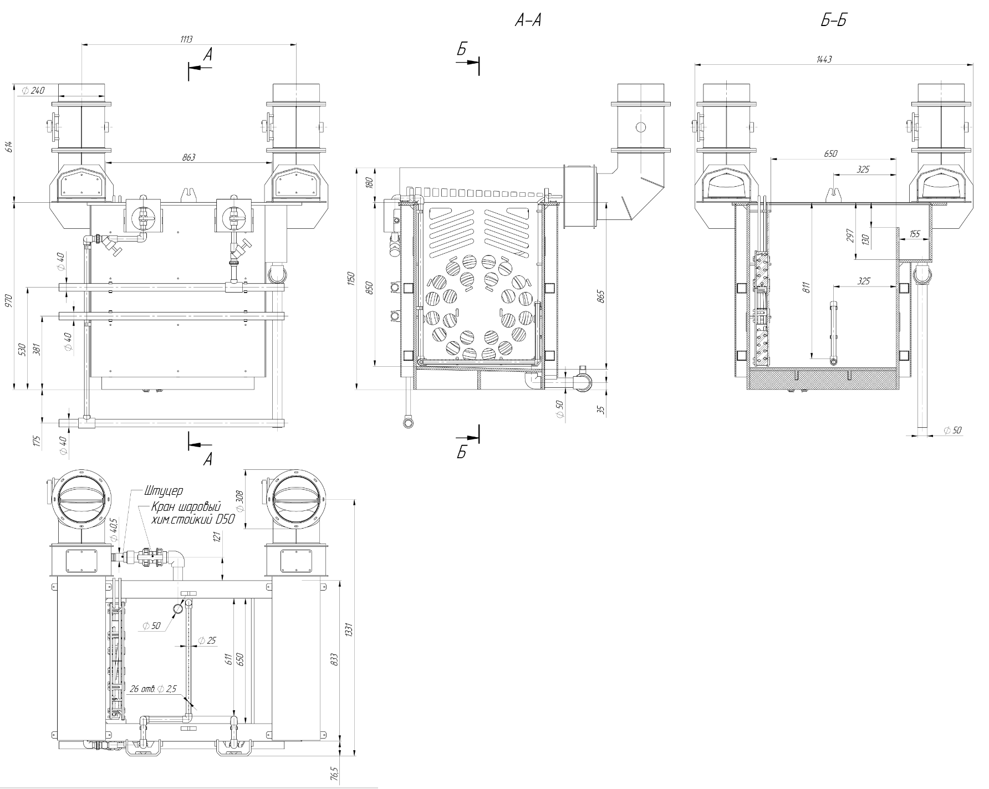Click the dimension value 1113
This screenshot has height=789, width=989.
[x=186, y=39]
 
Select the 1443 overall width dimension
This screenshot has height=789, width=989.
[x=824, y=59]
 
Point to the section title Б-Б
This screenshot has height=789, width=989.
[x=834, y=21]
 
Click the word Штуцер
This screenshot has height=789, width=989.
[x=164, y=491]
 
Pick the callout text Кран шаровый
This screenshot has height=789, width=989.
[x=187, y=507]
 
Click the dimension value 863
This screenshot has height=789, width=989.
[x=188, y=157]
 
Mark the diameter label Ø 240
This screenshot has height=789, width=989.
[x=33, y=90]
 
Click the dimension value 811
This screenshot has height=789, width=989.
[x=807, y=287]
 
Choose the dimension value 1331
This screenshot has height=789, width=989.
[x=349, y=630]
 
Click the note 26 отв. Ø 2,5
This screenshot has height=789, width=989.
[x=153, y=689]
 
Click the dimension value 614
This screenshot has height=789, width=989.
[x=9, y=147]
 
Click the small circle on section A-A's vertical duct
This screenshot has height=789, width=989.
[x=640, y=127]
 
